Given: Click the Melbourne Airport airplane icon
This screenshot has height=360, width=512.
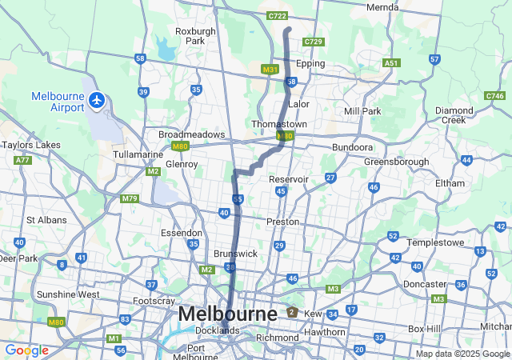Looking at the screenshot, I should pyautogui.click(x=98, y=100).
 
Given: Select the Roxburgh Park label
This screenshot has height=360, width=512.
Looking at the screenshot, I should pyautogui.click(x=195, y=36).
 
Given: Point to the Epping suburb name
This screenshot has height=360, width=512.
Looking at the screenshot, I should pyautogui.click(x=310, y=63).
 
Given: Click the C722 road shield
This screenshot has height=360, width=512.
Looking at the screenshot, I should pyautogui.click(x=278, y=15).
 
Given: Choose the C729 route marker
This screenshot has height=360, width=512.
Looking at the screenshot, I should pyautogui.click(x=314, y=42).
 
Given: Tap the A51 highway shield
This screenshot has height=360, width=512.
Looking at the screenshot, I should pyautogui.click(x=390, y=62).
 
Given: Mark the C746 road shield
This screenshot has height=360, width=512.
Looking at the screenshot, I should pyautogui.click(x=494, y=96).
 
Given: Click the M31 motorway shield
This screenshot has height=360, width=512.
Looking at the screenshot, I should pyautogui.click(x=270, y=70).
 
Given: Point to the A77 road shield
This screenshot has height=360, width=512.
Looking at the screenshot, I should pyautogui.click(x=22, y=160).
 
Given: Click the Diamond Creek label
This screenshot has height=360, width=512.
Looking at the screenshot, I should pyautogui.click(x=454, y=114).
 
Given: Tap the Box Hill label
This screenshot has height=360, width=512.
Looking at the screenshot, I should pyautogui.click(x=426, y=329).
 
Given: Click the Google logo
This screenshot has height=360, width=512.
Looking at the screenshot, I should pyautogui.click(x=26, y=350).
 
